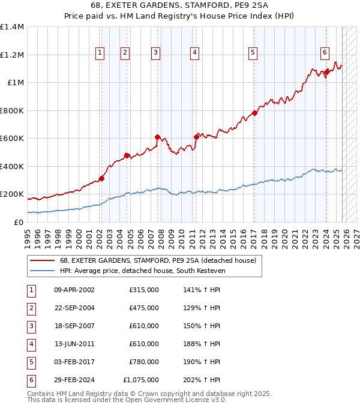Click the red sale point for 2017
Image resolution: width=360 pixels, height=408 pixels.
[254, 113]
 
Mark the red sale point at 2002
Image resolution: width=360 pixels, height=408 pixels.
[101, 178]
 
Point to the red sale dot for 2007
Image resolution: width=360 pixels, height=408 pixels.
[157, 137]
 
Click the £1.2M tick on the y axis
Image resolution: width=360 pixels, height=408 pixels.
[12, 55]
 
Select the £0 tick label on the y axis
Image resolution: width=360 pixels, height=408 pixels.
[19, 222]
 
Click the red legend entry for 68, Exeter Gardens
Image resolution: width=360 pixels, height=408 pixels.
[158, 260]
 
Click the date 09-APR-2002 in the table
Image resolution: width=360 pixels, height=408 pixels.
[74, 290]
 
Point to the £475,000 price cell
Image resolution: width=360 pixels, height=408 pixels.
[144, 308]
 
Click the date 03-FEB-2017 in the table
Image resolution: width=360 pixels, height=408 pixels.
[74, 362]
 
